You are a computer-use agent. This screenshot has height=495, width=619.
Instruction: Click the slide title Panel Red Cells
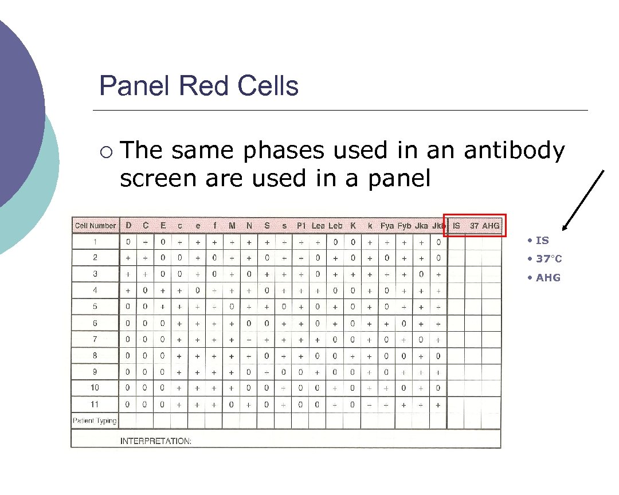pyautogui.click(x=198, y=86)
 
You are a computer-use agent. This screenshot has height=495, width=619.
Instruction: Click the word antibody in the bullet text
pyautogui.click(x=514, y=151)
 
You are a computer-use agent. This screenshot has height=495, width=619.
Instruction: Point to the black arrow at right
pyautogui.click(x=583, y=201)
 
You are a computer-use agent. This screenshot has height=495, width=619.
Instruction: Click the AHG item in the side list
pyautogui.click(x=547, y=278)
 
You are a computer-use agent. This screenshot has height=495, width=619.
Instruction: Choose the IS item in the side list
pyautogui.click(x=542, y=241)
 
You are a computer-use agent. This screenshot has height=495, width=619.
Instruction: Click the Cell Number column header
pyautogui.click(x=95, y=226)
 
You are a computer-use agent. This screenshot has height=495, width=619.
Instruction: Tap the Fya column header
pyautogui.click(x=387, y=226)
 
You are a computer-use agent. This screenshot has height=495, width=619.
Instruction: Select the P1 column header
pyautogui.click(x=301, y=226)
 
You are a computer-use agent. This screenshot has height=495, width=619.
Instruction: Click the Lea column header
pyautogui.click(x=318, y=226)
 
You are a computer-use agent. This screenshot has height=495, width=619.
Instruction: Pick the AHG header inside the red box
pyautogui.click(x=491, y=226)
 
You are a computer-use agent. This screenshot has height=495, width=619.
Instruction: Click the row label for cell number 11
pyautogui.click(x=95, y=404)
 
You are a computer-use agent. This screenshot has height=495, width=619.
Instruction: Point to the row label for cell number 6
pyautogui.click(x=95, y=323)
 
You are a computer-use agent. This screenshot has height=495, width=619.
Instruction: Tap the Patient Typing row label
pyautogui.click(x=95, y=421)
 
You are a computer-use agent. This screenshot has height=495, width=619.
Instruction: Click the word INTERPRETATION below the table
pyautogui.click(x=155, y=441)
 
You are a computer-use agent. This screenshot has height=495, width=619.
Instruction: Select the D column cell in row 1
pyautogui.click(x=128, y=242)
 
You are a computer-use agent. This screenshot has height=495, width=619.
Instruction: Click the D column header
pyautogui.click(x=128, y=226)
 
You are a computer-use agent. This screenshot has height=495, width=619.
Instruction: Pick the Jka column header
pyautogui.click(x=421, y=226)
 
